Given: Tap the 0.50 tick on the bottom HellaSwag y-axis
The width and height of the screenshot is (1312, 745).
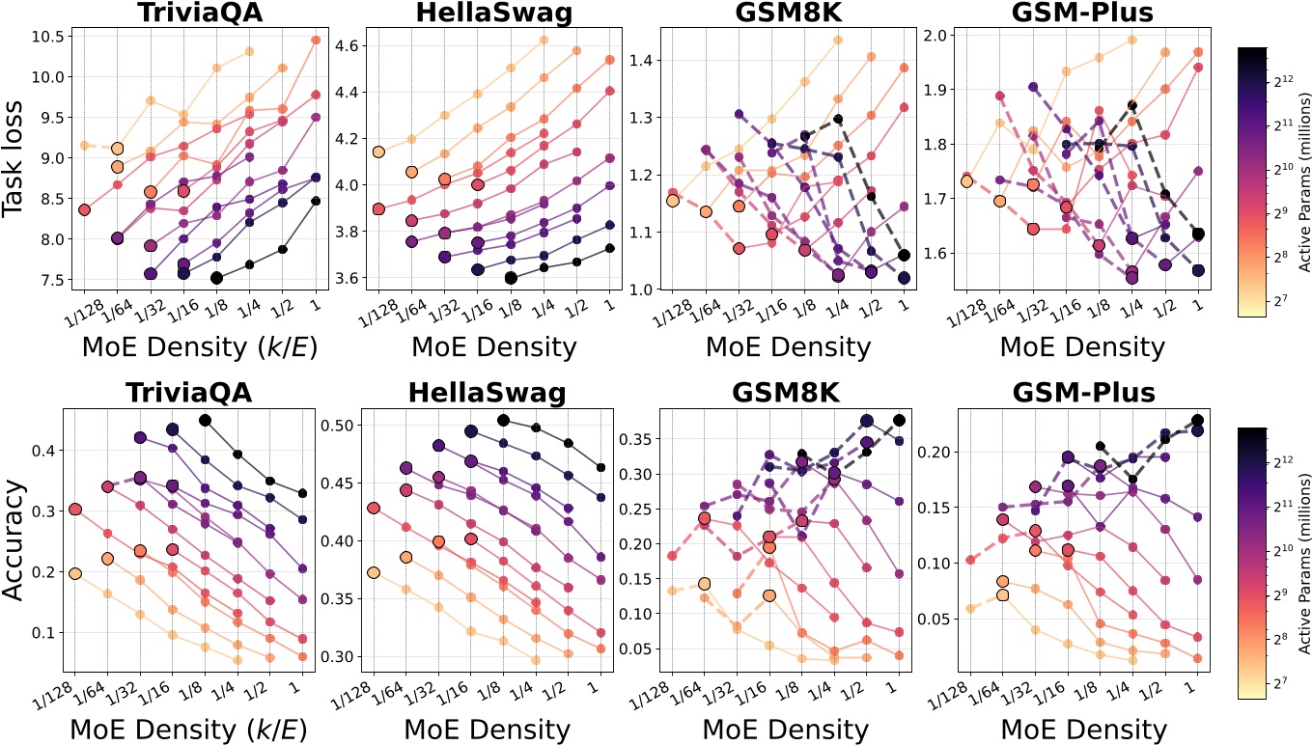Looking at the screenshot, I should [x=337, y=426].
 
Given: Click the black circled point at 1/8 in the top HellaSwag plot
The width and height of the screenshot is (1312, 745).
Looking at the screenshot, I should [x=510, y=278].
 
